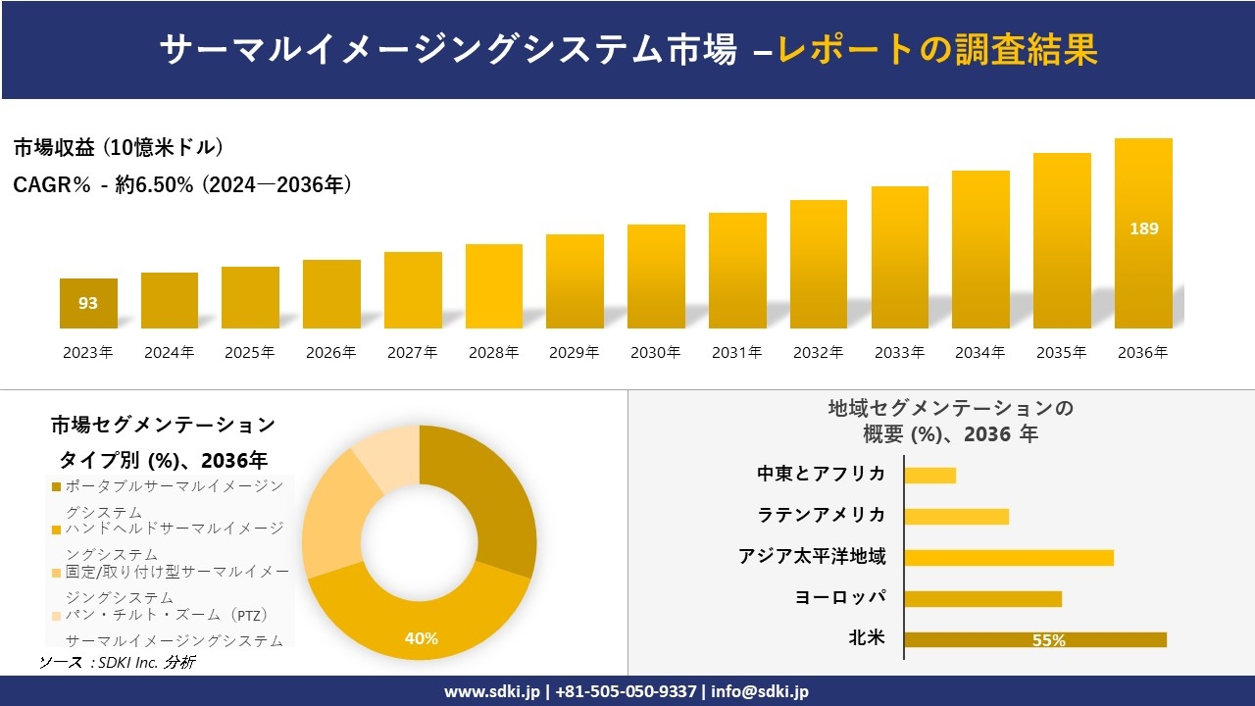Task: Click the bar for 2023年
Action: (x=88, y=304)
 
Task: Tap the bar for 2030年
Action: (x=656, y=277)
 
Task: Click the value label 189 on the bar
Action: (x=1143, y=228)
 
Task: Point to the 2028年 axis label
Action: (x=493, y=353)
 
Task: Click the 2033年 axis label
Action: (x=899, y=353)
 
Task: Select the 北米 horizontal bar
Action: (x=1034, y=639)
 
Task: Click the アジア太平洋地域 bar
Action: (x=1008, y=557)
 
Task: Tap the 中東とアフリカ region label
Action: (x=821, y=475)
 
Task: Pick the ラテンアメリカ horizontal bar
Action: (x=956, y=516)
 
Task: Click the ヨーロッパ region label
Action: (x=840, y=597)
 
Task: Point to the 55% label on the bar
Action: (x=1048, y=640)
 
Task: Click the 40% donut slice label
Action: (x=421, y=638)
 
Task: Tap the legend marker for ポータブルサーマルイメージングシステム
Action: (x=57, y=487)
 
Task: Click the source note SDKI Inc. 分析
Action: (x=118, y=663)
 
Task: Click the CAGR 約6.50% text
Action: (x=182, y=184)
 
